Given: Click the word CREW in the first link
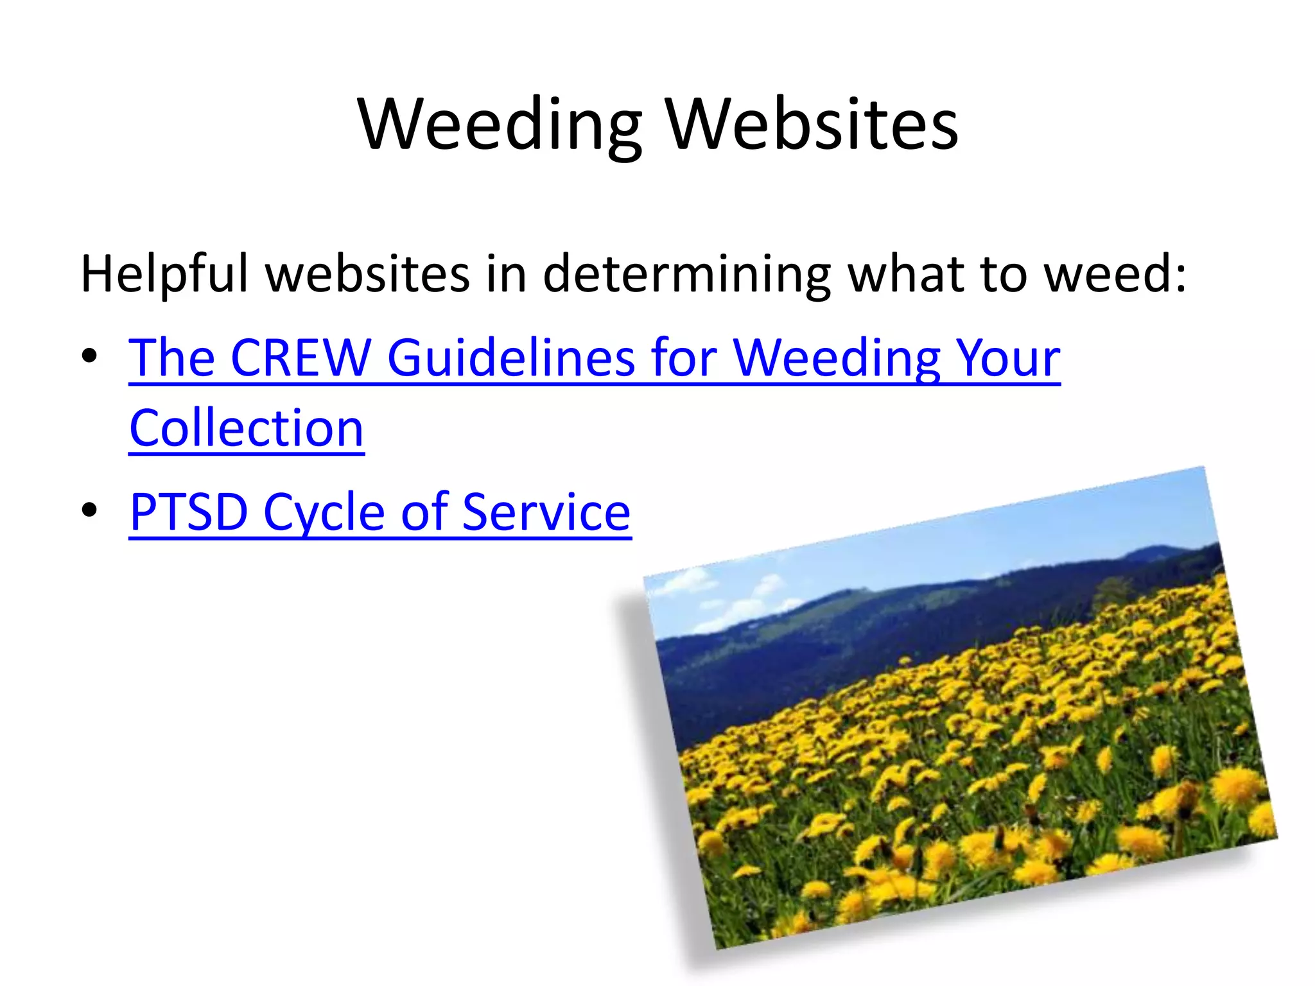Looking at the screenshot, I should tap(300, 358).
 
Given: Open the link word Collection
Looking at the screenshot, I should tap(247, 428).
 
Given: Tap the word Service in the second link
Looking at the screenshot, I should tap(546, 512).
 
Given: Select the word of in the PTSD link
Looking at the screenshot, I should tap(424, 512).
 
